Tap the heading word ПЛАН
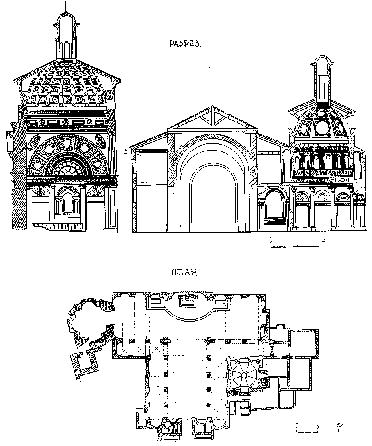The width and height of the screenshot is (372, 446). [184, 273]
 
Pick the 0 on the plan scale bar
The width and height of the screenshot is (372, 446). [296, 425]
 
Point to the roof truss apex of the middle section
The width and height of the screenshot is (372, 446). [212, 107]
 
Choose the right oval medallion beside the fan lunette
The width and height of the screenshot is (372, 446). [101, 141]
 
